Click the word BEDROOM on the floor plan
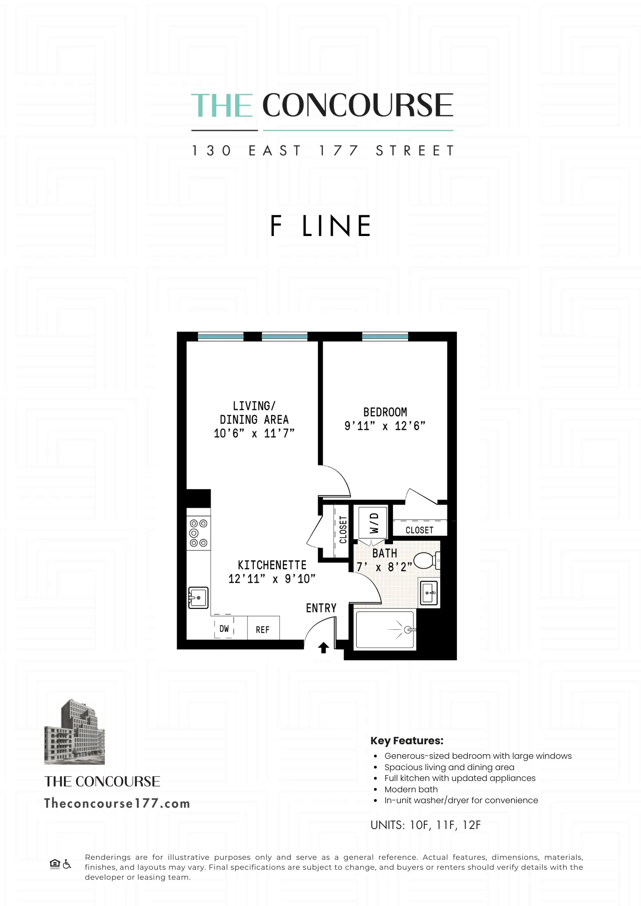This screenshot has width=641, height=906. [385, 412]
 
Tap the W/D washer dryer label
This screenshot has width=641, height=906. [374, 523]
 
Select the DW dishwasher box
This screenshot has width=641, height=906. [224, 628]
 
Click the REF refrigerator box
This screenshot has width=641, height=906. [263, 629]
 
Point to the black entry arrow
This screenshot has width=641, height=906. [323, 648]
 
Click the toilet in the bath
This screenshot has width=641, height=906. [425, 560]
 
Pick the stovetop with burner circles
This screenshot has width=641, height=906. [199, 533]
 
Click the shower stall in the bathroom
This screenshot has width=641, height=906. [385, 630]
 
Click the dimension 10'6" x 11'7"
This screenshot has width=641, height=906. [254, 434]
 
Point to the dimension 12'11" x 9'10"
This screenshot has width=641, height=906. [272, 579]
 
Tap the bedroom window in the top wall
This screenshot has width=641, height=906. [385, 336]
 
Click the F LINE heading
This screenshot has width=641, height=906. [320, 226]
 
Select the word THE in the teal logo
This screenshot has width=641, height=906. [222, 106]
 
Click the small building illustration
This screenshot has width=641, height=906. [75, 732]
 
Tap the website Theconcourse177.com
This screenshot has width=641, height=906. [117, 804]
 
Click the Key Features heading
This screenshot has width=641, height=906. [407, 741]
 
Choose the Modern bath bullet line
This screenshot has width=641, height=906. [411, 789]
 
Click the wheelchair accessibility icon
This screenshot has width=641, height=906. [67, 864]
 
